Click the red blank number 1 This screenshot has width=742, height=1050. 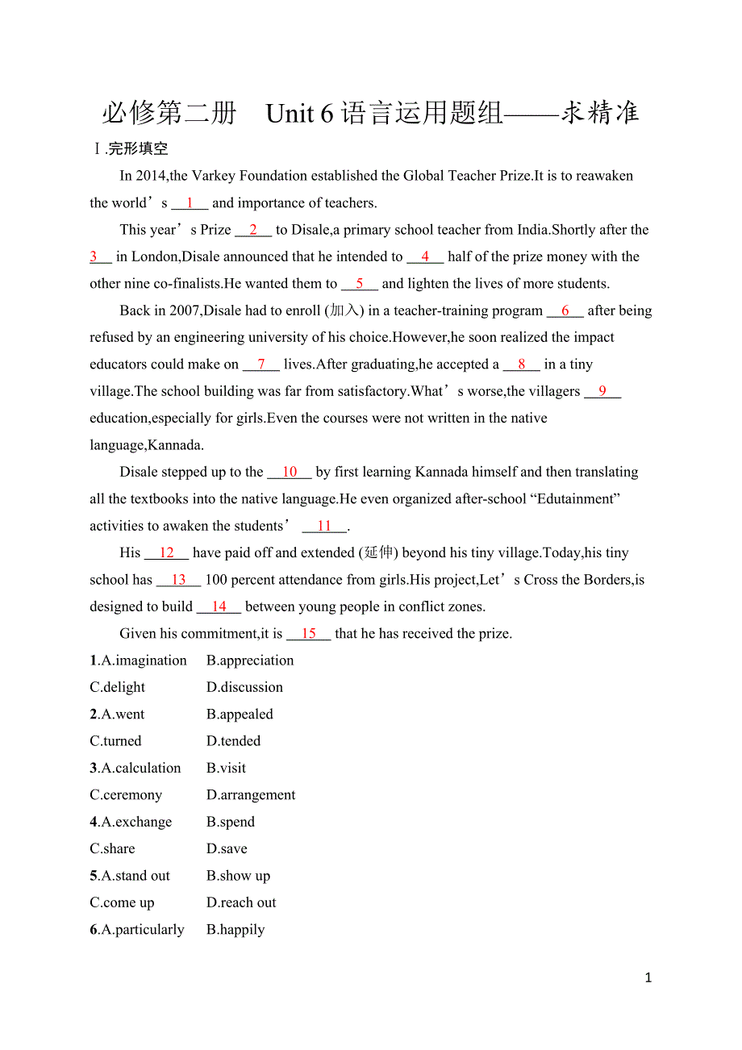coord(190,203)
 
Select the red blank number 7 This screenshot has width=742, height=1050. coord(261,365)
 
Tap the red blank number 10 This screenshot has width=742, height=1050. coord(290,472)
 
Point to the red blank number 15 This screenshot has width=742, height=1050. coord(308,634)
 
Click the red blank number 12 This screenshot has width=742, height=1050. coord(166,553)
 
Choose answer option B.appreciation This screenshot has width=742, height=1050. coord(250,660)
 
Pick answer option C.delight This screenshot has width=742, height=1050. coord(118,687)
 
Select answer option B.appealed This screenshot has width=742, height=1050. coord(240,715)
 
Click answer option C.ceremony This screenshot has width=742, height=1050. coord(126,795)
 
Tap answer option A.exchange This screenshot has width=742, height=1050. coord(131,822)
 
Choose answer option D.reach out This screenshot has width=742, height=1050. coord(241,902)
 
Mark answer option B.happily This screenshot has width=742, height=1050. coord(236,930)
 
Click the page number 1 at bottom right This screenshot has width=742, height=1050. coord(648,978)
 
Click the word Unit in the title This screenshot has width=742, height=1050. coord(290,114)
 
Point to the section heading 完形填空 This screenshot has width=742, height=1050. coord(138,149)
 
